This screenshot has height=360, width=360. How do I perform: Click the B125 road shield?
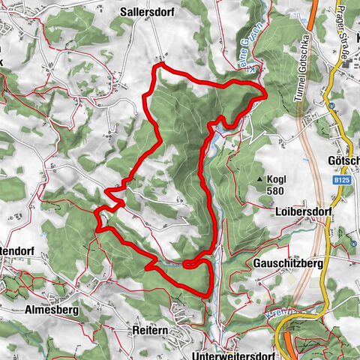coord(341,180)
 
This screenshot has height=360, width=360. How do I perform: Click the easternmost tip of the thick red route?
coord(265,94)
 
